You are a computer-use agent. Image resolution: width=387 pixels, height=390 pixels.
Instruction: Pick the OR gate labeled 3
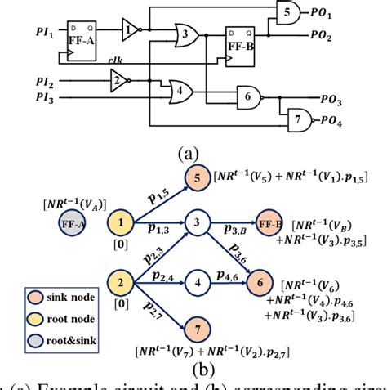(189, 35)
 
